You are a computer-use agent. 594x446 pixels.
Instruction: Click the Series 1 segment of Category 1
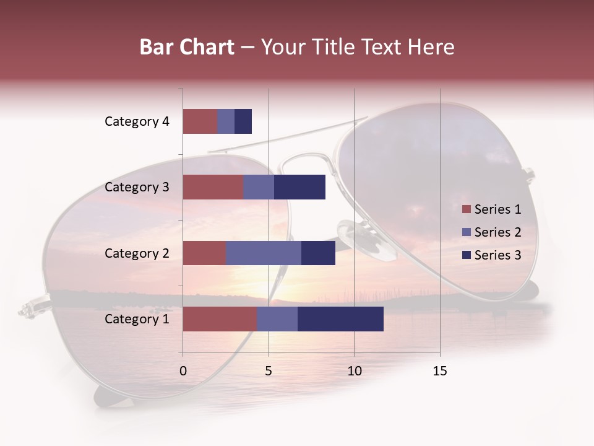(220, 319)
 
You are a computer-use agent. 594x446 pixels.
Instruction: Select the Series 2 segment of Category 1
(277, 319)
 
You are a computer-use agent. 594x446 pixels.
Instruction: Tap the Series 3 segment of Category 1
(340, 319)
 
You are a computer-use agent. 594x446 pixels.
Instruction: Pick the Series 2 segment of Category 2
(264, 253)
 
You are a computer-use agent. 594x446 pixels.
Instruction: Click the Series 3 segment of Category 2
(318, 253)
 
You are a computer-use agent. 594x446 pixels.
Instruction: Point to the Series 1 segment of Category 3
(213, 187)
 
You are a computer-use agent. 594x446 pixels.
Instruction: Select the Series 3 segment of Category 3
(299, 187)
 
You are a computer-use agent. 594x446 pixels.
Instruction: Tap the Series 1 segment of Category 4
(200, 121)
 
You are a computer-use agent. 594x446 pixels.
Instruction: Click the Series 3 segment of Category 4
(243, 121)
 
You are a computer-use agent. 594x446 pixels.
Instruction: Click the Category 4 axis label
(137, 121)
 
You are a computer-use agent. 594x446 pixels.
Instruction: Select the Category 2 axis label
(137, 253)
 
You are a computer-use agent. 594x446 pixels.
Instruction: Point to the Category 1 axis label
(137, 319)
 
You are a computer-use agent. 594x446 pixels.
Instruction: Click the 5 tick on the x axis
(269, 371)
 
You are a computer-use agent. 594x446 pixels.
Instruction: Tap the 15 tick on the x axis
(439, 371)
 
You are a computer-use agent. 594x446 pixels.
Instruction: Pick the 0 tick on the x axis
(183, 371)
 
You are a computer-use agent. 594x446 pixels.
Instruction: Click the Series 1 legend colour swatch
(466, 209)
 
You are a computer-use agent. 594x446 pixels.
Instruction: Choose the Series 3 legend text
(497, 255)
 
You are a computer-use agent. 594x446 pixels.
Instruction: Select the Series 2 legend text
(497, 232)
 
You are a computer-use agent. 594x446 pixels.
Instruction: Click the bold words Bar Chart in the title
(187, 47)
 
